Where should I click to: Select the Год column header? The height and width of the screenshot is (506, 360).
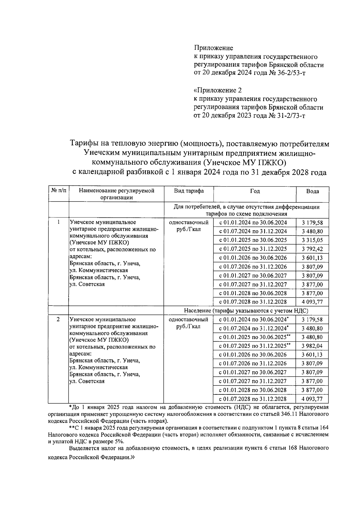tap(255, 191)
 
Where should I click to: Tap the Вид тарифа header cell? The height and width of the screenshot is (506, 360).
tap(189, 191)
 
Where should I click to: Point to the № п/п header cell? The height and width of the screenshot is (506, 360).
tap(58, 191)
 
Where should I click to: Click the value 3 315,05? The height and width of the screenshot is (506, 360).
tap(312, 240)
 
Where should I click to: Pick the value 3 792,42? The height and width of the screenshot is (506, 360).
tap(312, 249)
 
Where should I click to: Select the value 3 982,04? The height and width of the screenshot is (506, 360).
tap(312, 346)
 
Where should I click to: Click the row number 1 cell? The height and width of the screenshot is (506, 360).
tap(58, 222)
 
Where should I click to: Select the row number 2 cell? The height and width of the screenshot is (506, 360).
tap(58, 319)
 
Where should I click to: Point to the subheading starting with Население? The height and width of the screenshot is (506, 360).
tap(246, 311)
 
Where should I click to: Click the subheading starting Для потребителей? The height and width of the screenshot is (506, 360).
tap(246, 210)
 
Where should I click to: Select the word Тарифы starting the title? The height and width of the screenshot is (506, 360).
tap(82, 144)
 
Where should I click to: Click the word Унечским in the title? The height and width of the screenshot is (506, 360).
tap(101, 153)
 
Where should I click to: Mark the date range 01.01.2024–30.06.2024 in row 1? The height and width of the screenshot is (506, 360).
tap(253, 223)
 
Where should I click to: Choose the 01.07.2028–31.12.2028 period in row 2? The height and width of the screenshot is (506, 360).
tap(253, 399)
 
